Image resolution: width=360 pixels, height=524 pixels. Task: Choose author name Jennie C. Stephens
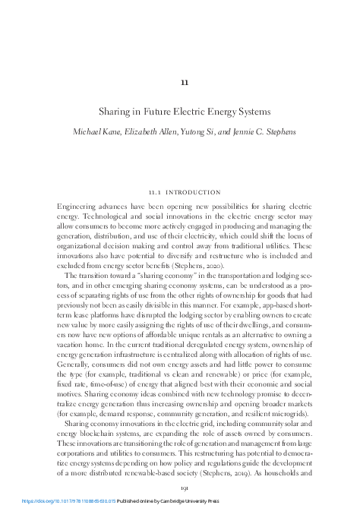265,132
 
